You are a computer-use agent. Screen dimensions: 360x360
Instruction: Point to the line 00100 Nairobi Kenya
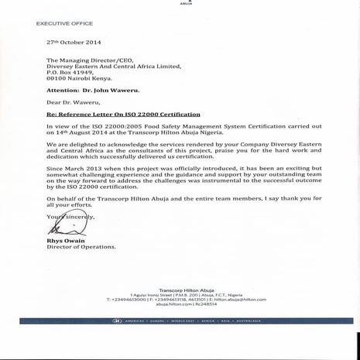click(x=79, y=78)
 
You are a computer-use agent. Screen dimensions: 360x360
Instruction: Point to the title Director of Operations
click(x=81, y=247)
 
